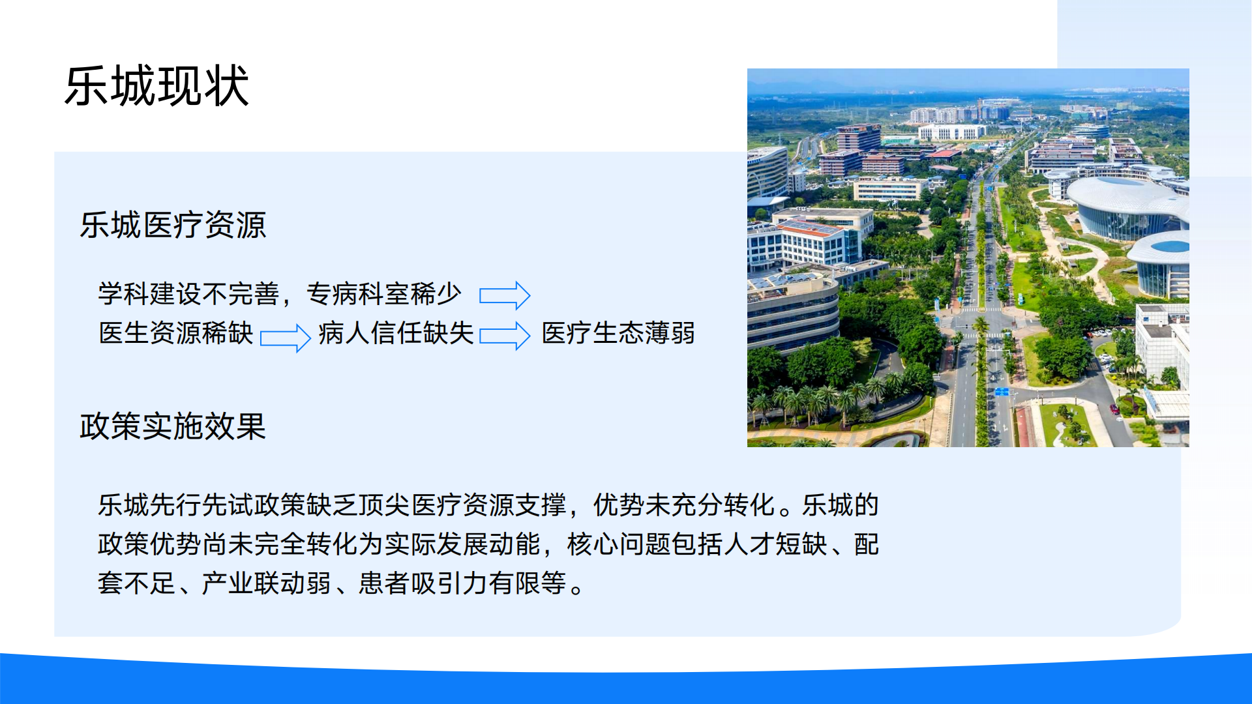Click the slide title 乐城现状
(156, 86)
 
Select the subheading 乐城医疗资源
(173, 226)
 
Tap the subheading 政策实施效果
(173, 427)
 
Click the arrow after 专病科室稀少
(505, 295)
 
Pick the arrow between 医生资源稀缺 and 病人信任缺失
(286, 337)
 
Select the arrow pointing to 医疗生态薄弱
(505, 336)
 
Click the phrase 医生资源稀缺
(175, 333)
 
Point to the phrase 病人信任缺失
(396, 333)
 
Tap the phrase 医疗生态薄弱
(618, 333)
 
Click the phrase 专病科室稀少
(383, 294)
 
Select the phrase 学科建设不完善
(188, 294)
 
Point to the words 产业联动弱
(266, 583)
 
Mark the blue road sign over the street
(1002, 392)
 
